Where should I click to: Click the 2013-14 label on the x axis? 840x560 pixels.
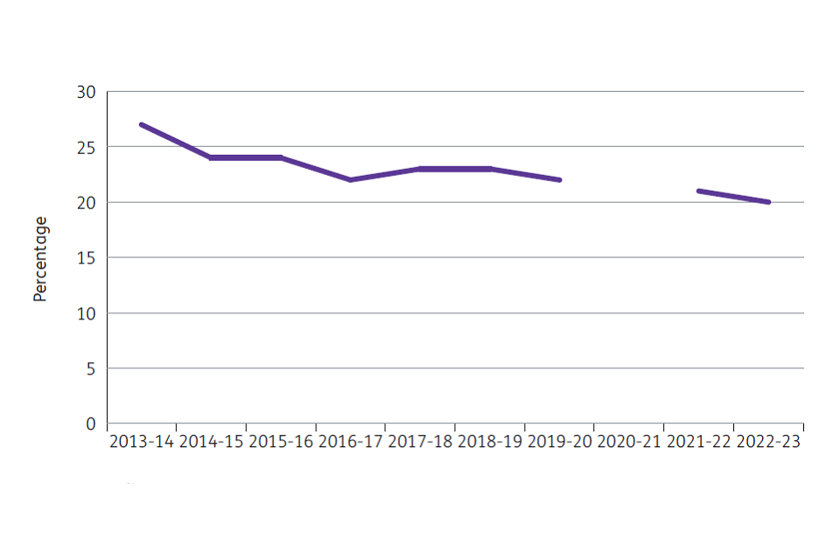coord(142,442)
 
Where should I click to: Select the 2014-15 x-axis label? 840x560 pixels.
coord(211,442)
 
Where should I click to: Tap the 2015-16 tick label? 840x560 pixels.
coord(281,442)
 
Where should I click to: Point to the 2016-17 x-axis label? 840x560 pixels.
coord(350,442)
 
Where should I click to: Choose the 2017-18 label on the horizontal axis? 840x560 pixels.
coord(420,442)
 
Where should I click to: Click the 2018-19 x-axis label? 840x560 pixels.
coord(489,442)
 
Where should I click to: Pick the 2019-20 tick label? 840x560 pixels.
coord(559,442)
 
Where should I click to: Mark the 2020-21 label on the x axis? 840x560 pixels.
coord(628,442)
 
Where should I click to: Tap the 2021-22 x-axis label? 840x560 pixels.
coord(698,442)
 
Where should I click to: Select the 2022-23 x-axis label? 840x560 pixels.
coord(767,442)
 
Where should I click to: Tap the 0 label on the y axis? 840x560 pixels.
coord(90,424)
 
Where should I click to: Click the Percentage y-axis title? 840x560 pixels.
coord(40,259)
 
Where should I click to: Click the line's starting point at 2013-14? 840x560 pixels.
coord(142,124)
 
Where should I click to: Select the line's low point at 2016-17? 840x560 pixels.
coord(350,179)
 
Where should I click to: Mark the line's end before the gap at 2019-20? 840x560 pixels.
coord(559,179)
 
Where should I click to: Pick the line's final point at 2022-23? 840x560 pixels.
coord(767,202)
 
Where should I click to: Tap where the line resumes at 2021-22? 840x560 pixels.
coord(698,191)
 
